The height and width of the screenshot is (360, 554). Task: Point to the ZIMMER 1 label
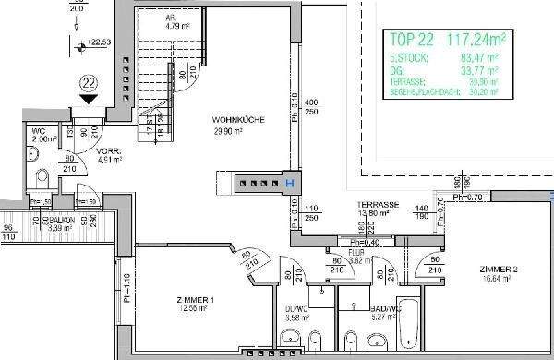tap(196, 300)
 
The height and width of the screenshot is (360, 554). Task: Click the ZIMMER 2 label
tap(498, 270)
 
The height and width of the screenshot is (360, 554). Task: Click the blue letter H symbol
tap(290, 184)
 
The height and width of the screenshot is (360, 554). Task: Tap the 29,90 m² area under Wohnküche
tap(227, 132)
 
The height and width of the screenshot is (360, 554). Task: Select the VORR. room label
tap(110, 150)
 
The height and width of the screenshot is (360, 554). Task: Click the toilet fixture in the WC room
tap(42, 176)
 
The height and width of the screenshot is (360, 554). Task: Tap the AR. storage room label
tap(171, 18)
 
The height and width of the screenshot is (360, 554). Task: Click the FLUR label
tap(355, 251)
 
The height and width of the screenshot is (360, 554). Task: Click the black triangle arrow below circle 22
tap(88, 100)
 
